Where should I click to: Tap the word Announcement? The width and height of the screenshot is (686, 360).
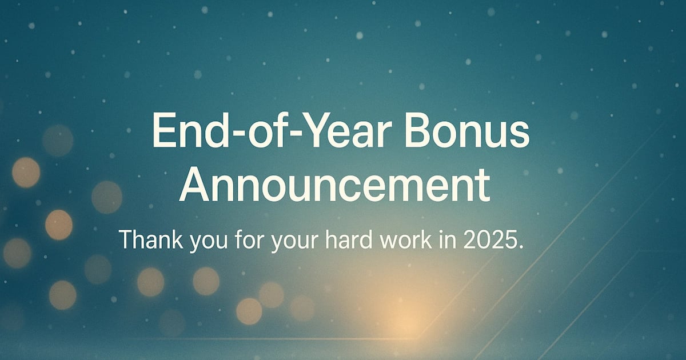335,186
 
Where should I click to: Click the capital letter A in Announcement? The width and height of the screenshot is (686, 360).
194,186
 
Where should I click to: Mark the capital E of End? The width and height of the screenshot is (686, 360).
163,130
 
